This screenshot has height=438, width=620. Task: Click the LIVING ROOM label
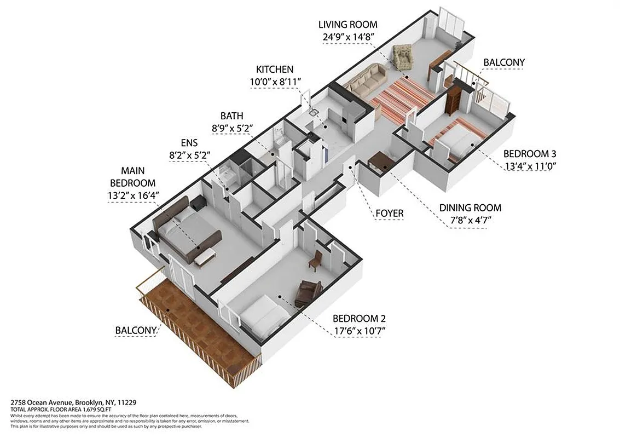coord(348,25)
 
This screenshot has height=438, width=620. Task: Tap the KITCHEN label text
coord(275,70)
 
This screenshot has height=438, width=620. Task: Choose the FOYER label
coord(389,214)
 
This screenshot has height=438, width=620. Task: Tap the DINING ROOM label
coord(470,208)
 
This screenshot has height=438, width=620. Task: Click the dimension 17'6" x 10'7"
coord(363,330)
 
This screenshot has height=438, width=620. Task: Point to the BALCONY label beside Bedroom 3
coord(503,62)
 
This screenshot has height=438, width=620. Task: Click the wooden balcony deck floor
coord(197,328)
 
